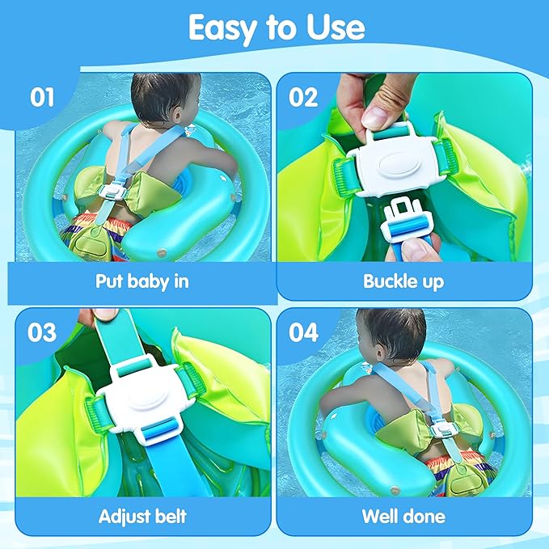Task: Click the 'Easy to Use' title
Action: tap(276, 28)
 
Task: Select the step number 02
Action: tap(305, 97)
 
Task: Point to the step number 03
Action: tap(41, 333)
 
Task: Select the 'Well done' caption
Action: tap(404, 515)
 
